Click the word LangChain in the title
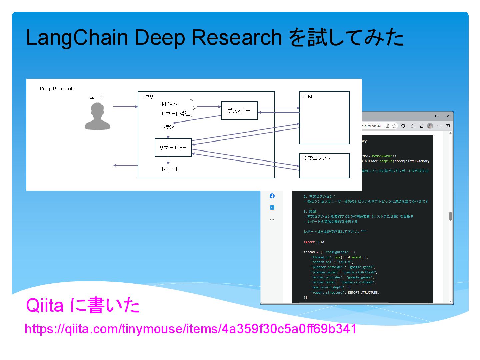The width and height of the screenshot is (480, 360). point(77,37)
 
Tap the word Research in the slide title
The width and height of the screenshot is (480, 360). point(237,37)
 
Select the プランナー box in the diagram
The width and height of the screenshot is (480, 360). point(239,111)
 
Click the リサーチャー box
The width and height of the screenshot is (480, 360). point(173,147)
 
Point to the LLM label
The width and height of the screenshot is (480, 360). point(307,96)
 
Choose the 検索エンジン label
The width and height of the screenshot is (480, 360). point(316,158)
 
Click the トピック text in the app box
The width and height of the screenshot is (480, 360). point(169,104)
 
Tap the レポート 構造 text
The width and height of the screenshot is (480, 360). point(176,114)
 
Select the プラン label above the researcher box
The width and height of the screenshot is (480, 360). point(168,127)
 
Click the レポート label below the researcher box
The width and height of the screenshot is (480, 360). point(170,169)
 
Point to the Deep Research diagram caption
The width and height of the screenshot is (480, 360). point(57,89)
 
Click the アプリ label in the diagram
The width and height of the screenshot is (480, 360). point(147,96)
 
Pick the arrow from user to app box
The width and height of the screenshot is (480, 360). point(125,107)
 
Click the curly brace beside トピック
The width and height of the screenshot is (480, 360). point(193,108)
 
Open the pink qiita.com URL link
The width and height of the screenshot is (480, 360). point(190,329)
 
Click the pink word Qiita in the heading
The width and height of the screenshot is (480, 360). point(45,305)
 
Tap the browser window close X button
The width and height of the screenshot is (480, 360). point(448,116)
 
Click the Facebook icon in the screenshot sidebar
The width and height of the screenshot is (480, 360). point(272,196)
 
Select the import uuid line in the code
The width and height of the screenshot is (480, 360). point(314,242)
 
